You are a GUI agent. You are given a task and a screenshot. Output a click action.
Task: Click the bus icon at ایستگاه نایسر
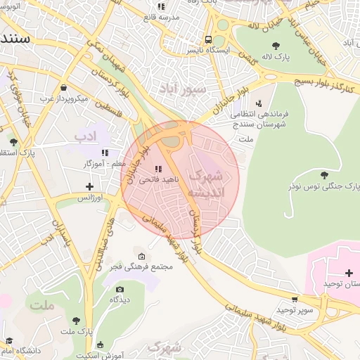tap(208, 39)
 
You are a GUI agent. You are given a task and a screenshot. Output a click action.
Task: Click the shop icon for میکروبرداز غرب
tap(64, 88)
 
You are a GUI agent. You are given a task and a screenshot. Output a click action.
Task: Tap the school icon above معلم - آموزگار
tap(104, 152)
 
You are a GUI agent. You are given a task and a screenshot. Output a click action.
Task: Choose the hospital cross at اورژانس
tap(89, 186)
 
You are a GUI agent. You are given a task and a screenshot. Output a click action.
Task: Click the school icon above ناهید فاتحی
tap(158, 169)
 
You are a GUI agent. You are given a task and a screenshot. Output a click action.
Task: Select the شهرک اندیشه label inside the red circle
tap(209, 183)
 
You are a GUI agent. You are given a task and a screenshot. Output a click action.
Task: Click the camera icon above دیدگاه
tap(120, 289)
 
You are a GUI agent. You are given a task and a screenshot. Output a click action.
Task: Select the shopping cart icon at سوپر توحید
tap(295, 299)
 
